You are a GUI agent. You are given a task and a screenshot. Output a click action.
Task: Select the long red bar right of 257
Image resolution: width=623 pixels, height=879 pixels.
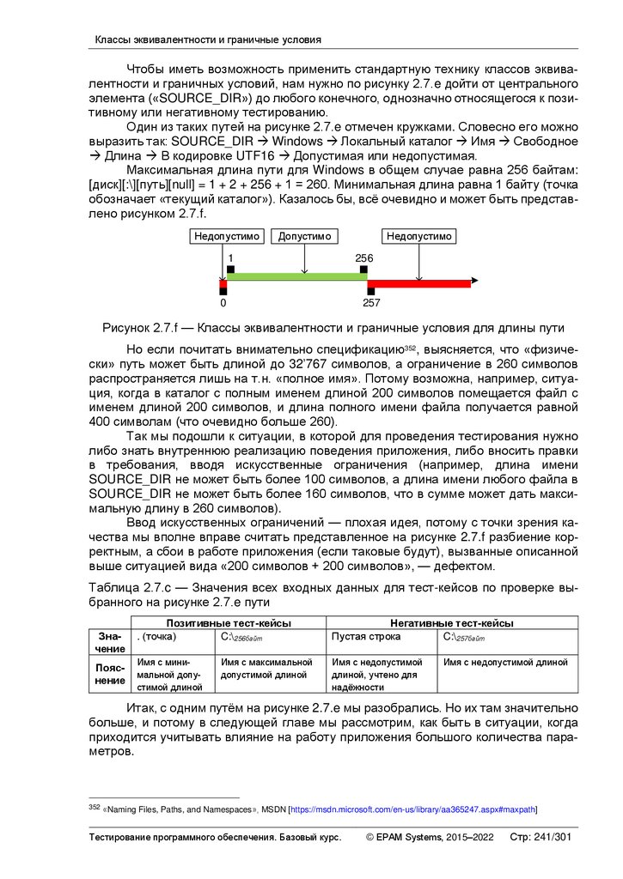tap(419, 282)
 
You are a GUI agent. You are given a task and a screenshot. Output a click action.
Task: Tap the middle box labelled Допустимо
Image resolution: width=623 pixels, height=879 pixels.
tap(304, 237)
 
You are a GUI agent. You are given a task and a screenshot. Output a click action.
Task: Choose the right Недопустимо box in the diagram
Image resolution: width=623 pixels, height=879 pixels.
tap(418, 237)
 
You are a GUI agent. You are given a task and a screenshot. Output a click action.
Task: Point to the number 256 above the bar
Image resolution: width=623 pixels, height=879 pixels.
tap(363, 258)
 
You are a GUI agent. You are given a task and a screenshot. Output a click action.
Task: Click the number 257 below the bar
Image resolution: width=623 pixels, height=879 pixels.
tap(371, 303)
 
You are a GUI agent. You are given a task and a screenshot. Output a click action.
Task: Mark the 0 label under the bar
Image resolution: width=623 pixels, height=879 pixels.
tap(223, 303)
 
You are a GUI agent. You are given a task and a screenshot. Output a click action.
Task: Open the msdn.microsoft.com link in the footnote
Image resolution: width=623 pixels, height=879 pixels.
tap(412, 809)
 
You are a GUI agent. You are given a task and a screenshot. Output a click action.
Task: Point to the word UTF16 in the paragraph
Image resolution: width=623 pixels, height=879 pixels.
tap(261, 155)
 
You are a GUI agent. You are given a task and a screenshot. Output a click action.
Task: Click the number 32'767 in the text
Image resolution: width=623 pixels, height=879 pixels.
tap(284, 365)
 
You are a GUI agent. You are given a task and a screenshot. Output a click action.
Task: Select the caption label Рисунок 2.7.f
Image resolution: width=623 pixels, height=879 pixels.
tap(140, 329)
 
